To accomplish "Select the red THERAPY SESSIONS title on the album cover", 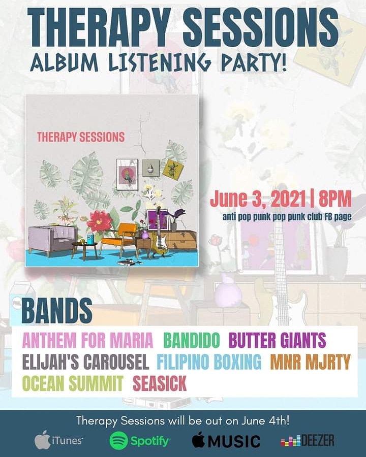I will [81, 137].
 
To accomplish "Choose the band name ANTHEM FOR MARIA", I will [87, 339].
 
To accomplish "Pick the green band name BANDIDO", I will [192, 339].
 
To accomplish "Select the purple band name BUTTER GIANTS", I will [277, 339].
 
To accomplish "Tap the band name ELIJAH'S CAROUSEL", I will [85, 362].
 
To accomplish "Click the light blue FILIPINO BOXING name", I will [209, 362].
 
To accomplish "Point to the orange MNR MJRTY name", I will [310, 362].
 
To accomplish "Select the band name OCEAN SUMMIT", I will [73, 384].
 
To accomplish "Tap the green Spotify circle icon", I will [118, 440].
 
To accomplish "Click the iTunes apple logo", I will [42, 440].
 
